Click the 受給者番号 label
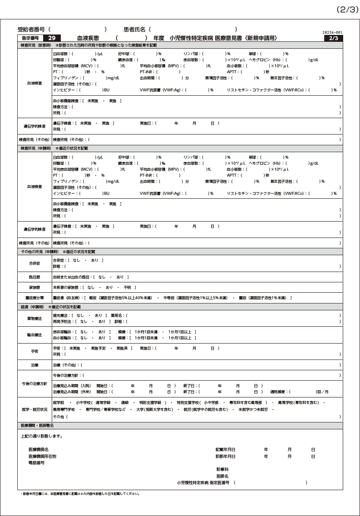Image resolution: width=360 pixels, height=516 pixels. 31,29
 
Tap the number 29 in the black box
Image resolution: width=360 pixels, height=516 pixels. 52,38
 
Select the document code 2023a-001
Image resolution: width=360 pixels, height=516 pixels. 332,33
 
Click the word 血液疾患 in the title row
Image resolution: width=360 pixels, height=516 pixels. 89,38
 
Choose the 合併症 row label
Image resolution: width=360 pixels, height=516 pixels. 34,263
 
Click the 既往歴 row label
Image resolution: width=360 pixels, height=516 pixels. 34,277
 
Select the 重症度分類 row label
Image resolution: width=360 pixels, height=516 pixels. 34,297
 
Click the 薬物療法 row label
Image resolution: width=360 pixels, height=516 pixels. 34,318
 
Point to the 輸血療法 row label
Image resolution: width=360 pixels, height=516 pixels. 34,335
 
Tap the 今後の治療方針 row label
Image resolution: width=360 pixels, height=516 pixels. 34,384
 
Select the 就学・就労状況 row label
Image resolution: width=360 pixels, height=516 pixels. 34,409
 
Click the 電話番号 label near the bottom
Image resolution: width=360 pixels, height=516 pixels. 37,463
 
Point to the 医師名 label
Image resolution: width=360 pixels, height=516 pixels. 222,476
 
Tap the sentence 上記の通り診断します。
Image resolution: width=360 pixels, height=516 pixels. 41,436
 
